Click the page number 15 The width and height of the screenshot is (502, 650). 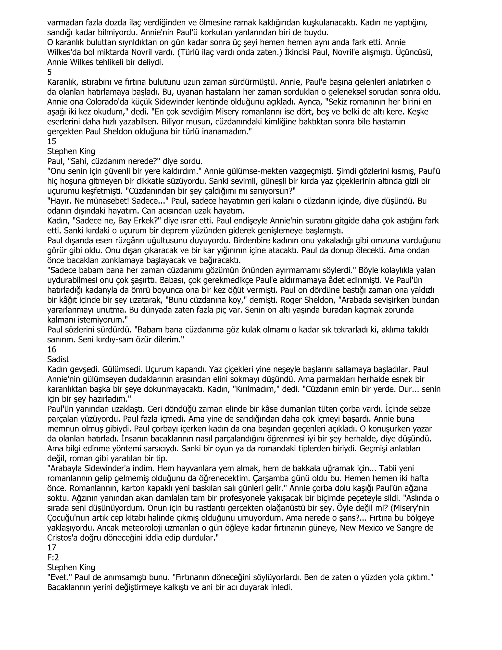(x=51, y=141)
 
